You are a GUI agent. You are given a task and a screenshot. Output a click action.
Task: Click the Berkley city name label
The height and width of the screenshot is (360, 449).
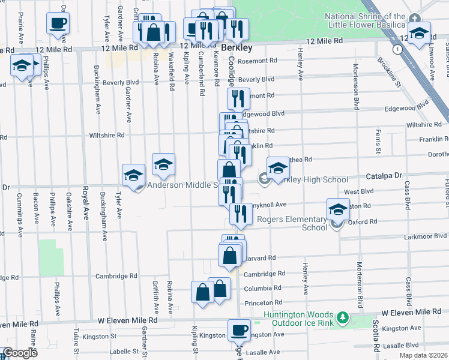click(236, 47)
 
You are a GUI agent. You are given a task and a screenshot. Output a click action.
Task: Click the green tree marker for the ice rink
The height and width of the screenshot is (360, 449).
click(342, 316)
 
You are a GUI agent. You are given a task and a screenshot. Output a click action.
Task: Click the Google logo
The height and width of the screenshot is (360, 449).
click(20, 353)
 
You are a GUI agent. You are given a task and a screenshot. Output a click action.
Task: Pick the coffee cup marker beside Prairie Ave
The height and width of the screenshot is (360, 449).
click(58, 24)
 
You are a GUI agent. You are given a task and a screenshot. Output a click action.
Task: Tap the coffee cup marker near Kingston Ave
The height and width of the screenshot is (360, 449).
click(239, 329)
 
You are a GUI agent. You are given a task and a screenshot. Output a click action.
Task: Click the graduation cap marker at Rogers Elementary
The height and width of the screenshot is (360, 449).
click(338, 210)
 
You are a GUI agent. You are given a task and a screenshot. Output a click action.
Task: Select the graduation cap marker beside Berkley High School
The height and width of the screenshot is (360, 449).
click(278, 169)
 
